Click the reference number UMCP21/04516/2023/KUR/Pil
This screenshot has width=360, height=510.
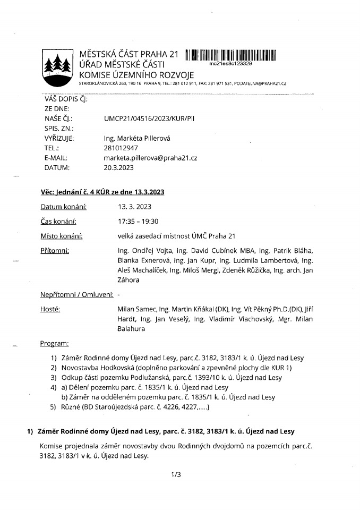[x=153, y=118]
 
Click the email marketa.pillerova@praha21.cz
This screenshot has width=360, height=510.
[x=151, y=158]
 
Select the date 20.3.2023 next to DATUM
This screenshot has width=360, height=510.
[x=119, y=168]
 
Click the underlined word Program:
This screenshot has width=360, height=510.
[x=55, y=344]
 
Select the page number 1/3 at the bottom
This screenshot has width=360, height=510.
[x=177, y=474]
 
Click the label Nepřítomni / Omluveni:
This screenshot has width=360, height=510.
[x=76, y=294]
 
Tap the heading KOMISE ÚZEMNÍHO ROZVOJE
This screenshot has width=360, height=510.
[x=136, y=74]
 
